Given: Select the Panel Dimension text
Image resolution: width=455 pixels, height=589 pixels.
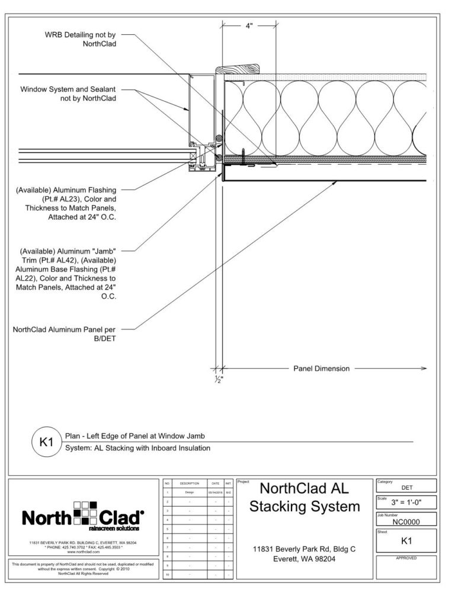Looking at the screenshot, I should tap(322, 369).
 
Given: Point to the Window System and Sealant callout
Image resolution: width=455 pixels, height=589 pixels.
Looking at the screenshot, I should tap(68, 94).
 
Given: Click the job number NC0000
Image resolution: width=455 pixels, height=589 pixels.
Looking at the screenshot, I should tap(406, 522).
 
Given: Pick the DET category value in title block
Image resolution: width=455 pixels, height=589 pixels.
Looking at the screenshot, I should tap(407, 488).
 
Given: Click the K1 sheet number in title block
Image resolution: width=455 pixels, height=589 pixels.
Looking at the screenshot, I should tap(406, 540).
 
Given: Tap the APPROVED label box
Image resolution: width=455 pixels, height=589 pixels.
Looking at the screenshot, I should tap(406, 558).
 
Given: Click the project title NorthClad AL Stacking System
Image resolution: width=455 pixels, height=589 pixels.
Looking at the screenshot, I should tap(305, 498).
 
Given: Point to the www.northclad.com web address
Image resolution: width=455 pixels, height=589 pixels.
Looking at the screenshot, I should tap(83, 551).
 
